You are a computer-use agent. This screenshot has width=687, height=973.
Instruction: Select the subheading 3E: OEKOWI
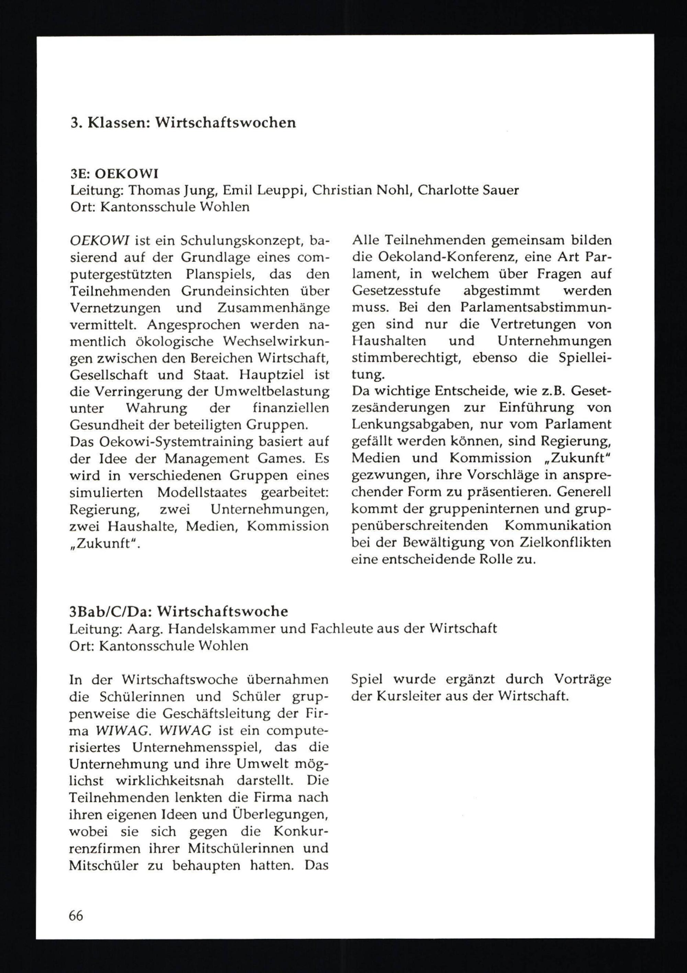coord(114,173)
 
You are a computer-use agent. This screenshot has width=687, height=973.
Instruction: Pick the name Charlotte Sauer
coord(468,190)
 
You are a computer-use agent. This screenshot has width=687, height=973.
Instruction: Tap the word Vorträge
coord(583,679)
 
